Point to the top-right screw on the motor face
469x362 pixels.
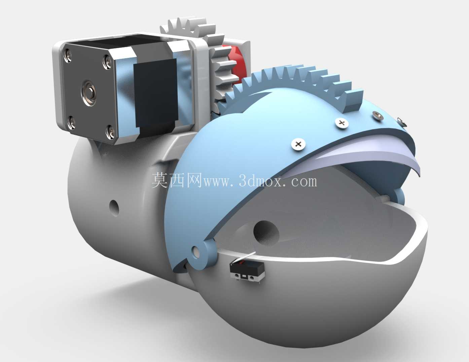click(107, 62)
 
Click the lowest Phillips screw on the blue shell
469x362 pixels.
click(298, 144)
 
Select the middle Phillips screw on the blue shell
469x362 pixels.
click(342, 123)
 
